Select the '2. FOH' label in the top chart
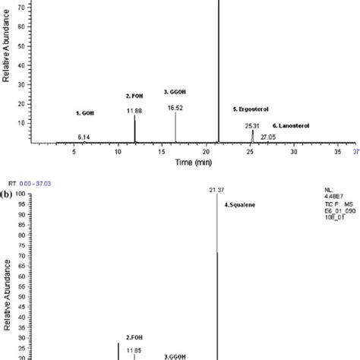(134, 96)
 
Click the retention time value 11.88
(135, 111)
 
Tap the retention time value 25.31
(253, 125)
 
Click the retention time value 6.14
(84, 136)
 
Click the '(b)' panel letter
(7, 194)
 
